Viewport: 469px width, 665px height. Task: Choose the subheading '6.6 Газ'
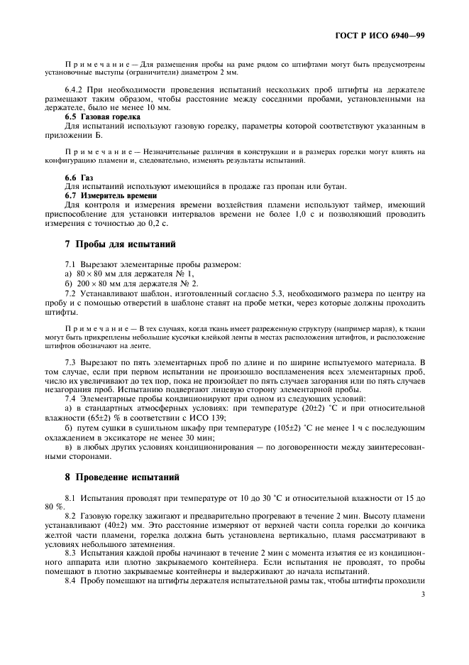click(79, 177)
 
